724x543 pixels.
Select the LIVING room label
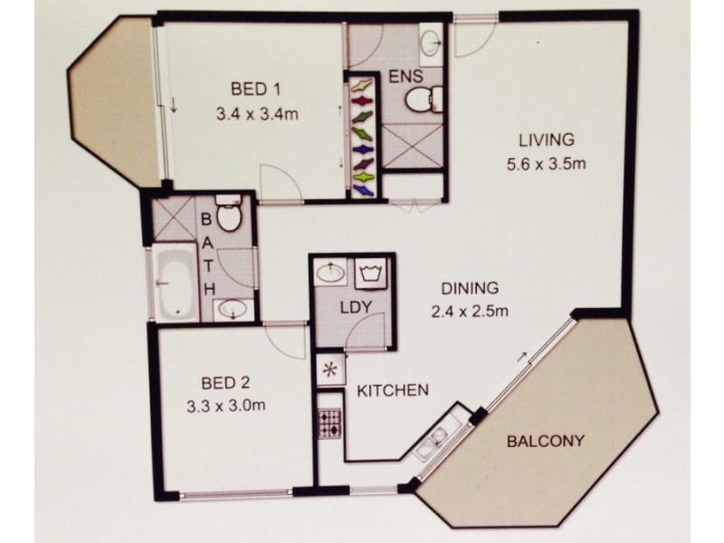tap(547, 140)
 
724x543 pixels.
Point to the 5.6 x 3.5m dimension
tap(547, 167)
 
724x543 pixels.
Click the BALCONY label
tap(543, 443)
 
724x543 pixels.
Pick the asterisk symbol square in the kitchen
tap(328, 369)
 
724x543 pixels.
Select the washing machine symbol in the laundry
tap(371, 273)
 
